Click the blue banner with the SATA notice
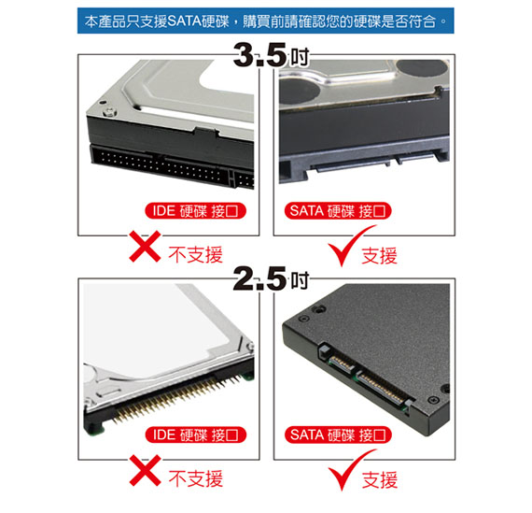click(x=266, y=21)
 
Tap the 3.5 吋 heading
click(x=271, y=55)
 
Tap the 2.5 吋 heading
click(x=271, y=278)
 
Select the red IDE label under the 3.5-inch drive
click(x=195, y=211)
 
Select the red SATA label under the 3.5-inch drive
click(x=338, y=211)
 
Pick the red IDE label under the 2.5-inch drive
click(x=195, y=435)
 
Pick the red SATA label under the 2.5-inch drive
click(x=338, y=435)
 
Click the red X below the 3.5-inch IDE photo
click(x=146, y=247)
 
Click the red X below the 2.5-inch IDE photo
click(x=146, y=471)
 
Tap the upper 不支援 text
click(x=196, y=255)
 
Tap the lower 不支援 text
click(x=196, y=478)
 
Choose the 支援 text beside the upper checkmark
click(x=380, y=255)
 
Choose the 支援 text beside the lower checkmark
click(x=380, y=479)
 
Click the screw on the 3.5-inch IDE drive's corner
click(x=110, y=111)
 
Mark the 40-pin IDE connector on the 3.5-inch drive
click(x=161, y=165)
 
